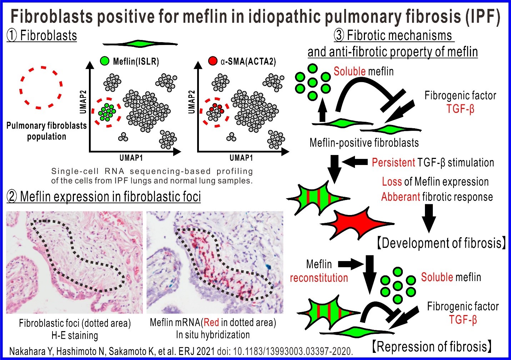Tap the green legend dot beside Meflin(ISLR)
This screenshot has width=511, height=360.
click(x=104, y=61)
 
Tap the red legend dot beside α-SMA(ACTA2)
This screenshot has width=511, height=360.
click(x=212, y=61)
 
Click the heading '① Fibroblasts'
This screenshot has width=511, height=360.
click(x=42, y=36)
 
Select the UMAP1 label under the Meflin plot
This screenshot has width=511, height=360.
click(x=131, y=157)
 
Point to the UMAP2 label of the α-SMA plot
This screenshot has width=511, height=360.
click(x=192, y=102)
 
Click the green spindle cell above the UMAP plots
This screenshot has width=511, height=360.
click(x=140, y=44)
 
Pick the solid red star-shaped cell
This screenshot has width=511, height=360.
click(x=357, y=224)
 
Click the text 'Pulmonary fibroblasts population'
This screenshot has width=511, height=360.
click(x=46, y=131)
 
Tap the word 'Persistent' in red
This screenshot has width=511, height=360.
click(x=393, y=163)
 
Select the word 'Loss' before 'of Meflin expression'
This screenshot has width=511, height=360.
click(x=392, y=182)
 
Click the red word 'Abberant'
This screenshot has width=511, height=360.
click(x=400, y=197)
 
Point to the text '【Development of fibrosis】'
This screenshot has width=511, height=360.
click(x=441, y=243)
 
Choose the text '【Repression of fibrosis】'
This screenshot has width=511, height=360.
click(x=432, y=346)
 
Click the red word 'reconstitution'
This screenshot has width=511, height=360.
click(x=319, y=278)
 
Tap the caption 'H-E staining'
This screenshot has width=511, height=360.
click(x=75, y=335)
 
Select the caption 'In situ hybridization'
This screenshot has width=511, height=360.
click(x=213, y=335)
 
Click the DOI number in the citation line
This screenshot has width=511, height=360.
click(x=293, y=351)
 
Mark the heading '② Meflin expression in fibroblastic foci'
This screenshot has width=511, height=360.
click(x=104, y=197)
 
